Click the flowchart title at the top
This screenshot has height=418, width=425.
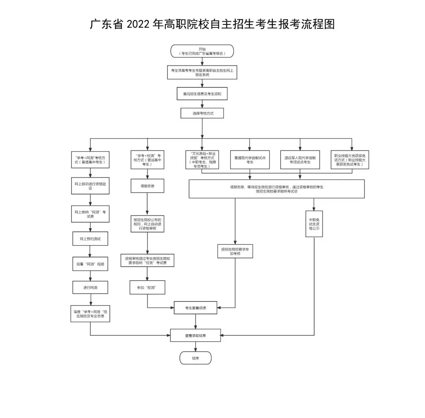click(212, 24)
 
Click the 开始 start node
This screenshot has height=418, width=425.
click(202, 51)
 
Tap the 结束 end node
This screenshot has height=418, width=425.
click(196, 358)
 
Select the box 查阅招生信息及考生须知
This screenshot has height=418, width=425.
click(202, 94)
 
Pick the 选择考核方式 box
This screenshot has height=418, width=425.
click(202, 113)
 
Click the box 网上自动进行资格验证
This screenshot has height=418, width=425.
click(90, 186)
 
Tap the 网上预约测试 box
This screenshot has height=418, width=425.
click(90, 239)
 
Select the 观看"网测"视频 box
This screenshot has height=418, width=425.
click(90, 264)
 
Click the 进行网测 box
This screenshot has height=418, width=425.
click(90, 287)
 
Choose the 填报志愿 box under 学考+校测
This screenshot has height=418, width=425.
click(147, 186)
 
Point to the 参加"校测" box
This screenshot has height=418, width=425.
click(147, 287)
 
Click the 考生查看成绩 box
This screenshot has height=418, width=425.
click(196, 308)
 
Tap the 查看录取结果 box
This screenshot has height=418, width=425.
click(196, 335)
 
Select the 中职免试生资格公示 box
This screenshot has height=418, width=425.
click(314, 224)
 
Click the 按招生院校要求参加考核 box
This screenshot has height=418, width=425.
click(235, 251)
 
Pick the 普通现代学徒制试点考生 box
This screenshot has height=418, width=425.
click(249, 160)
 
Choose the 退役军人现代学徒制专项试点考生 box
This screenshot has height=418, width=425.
click(300, 160)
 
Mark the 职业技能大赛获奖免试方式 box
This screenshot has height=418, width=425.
click(350, 160)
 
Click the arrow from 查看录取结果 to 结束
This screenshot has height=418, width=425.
click(196, 346)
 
